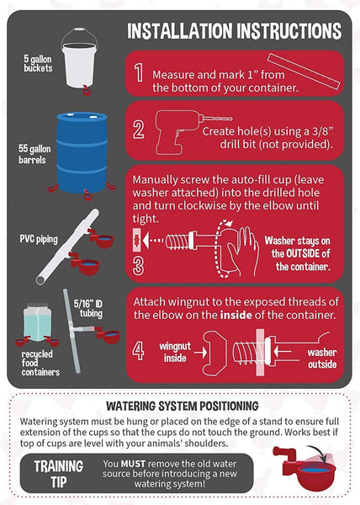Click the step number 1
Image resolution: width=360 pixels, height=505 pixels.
(139, 72)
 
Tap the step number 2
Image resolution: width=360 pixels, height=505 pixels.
(139, 129)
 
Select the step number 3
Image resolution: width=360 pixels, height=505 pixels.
(138, 265)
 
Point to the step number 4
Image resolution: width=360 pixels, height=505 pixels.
(138, 351)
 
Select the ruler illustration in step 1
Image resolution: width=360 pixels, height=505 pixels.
(304, 72)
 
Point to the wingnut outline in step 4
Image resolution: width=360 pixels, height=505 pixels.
(214, 353)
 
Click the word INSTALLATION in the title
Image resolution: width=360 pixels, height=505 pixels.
(179, 31)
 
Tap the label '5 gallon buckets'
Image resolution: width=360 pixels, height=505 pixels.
(38, 63)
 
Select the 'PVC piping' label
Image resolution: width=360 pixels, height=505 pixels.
(39, 239)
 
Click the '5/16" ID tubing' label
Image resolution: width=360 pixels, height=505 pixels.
(87, 309)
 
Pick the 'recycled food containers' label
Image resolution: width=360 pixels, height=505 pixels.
(40, 363)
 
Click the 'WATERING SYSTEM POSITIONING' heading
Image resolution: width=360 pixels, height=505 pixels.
(183, 406)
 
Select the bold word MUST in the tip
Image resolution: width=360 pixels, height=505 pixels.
(133, 464)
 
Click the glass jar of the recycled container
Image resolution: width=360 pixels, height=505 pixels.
(37, 322)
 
